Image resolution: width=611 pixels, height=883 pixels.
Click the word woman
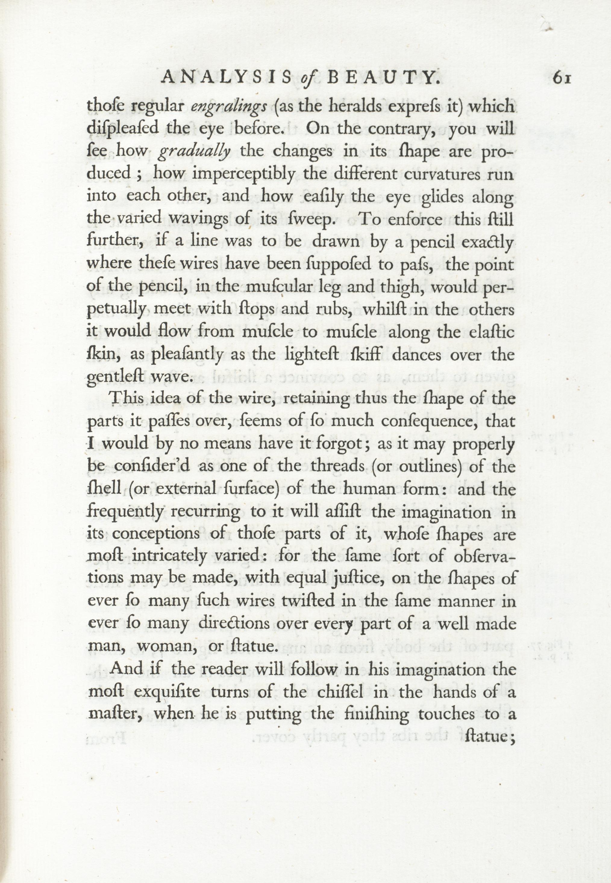coord(167,646)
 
